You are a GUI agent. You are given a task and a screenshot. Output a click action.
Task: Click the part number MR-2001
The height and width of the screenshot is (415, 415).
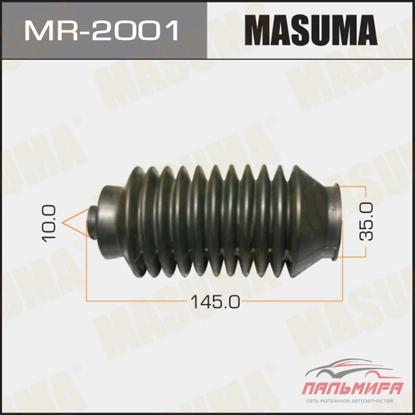pos(101,31)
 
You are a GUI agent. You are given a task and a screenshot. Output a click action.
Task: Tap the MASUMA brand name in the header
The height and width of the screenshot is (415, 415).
pos(310,30)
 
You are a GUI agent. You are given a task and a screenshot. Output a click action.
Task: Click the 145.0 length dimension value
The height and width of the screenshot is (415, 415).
pos(215,302)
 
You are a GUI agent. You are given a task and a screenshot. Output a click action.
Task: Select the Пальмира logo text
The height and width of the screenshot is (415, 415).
pos(352,388)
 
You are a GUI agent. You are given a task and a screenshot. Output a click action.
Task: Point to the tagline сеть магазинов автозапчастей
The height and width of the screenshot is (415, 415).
pos(349,401)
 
